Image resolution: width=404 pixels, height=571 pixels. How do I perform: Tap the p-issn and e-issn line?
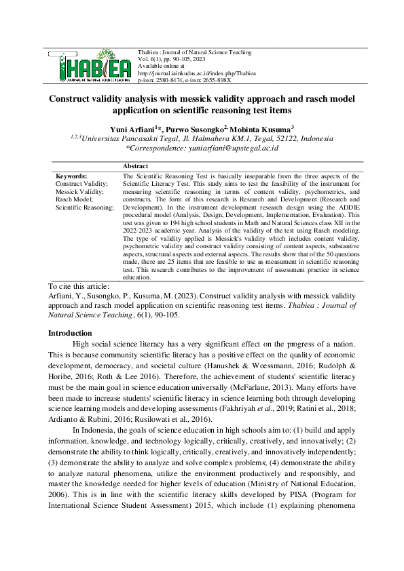183,78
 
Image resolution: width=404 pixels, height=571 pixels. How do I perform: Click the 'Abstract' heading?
135,165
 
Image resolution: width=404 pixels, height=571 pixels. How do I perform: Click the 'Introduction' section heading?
69,333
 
